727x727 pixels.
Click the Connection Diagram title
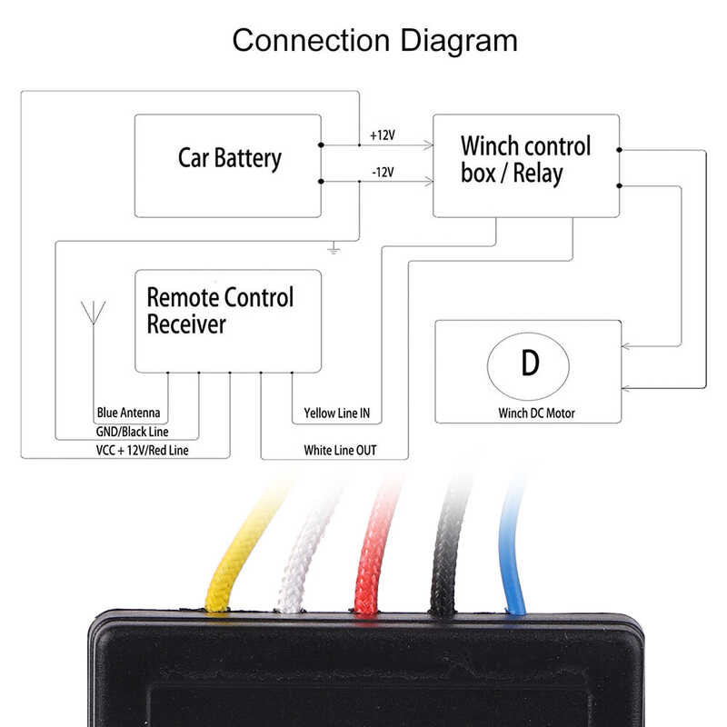pyautogui.click(x=374, y=41)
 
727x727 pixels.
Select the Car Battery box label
pyautogui.click(x=229, y=158)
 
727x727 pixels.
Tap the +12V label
pyautogui.click(x=382, y=135)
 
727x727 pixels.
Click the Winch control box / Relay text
pyautogui.click(x=525, y=160)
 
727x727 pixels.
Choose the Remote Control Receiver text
pyautogui.click(x=220, y=311)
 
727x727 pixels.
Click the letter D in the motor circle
pyautogui.click(x=530, y=363)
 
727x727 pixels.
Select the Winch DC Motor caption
pyautogui.click(x=536, y=413)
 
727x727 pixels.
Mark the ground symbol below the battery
pyautogui.click(x=334, y=248)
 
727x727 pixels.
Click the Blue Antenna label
pyautogui.click(x=127, y=414)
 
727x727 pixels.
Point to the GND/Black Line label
pyautogui.click(x=132, y=433)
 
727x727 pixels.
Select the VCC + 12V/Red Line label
pyautogui.click(x=142, y=450)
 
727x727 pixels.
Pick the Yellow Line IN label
pyautogui.click(x=336, y=414)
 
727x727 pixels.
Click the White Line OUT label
pyautogui.click(x=340, y=450)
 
